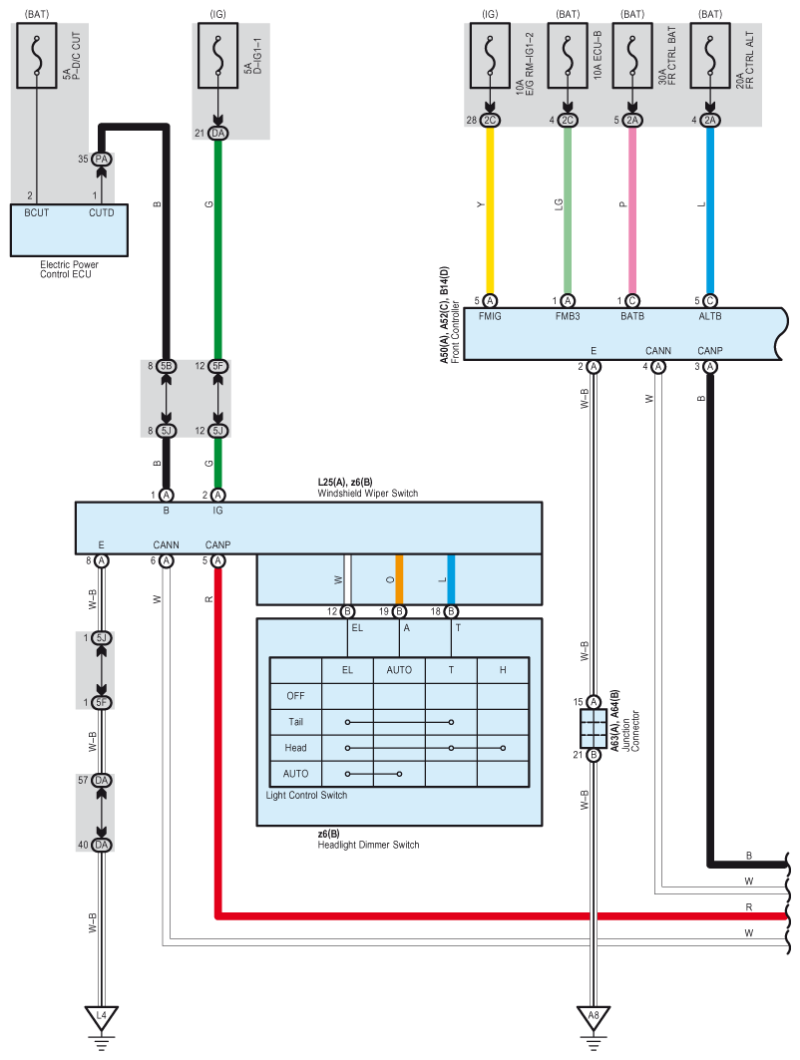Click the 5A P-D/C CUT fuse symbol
pos(37,56)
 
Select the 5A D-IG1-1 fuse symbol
pos(217,56)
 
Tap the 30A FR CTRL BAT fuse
pos(632,56)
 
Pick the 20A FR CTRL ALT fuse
pos(710,56)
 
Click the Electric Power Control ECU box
pos(69,230)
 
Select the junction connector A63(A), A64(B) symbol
pos(594,728)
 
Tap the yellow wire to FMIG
pos(490,210)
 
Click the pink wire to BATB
pos(632,210)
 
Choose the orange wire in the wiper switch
pos(399,579)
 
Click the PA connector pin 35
pos(102,159)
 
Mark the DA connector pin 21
pos(217,134)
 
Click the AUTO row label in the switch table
pos(295,774)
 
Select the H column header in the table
pos(503,670)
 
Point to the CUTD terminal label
pos(102,213)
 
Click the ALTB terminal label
pos(710,316)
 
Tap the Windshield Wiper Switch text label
pos(368,494)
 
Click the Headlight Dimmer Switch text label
pos(368,845)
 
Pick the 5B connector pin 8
pos(167,366)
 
